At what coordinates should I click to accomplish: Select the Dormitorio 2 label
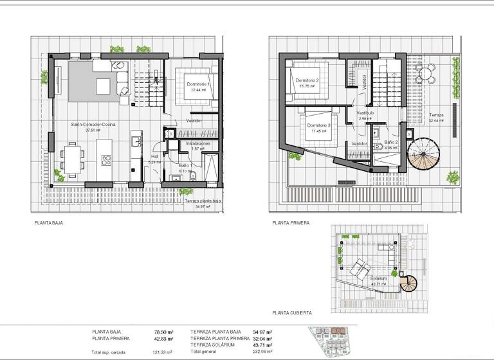[x=309, y=80]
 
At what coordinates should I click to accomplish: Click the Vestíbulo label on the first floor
[x=365, y=113]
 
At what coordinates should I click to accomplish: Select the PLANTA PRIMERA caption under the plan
[x=291, y=223]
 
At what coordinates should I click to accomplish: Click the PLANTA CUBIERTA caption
[x=292, y=312]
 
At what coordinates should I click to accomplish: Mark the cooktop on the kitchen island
[x=106, y=160]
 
